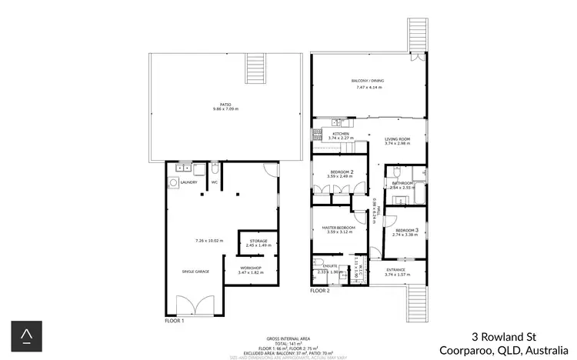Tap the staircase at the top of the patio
coord(255,72)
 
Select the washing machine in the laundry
coord(173,183)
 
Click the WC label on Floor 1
coord(215,182)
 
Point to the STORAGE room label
coord(258,242)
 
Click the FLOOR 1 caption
coord(175,320)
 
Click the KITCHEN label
coord(342,134)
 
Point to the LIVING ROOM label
coord(398,139)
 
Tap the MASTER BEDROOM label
coord(339,228)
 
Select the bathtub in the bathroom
coord(419,196)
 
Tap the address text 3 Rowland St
coord(502,336)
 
